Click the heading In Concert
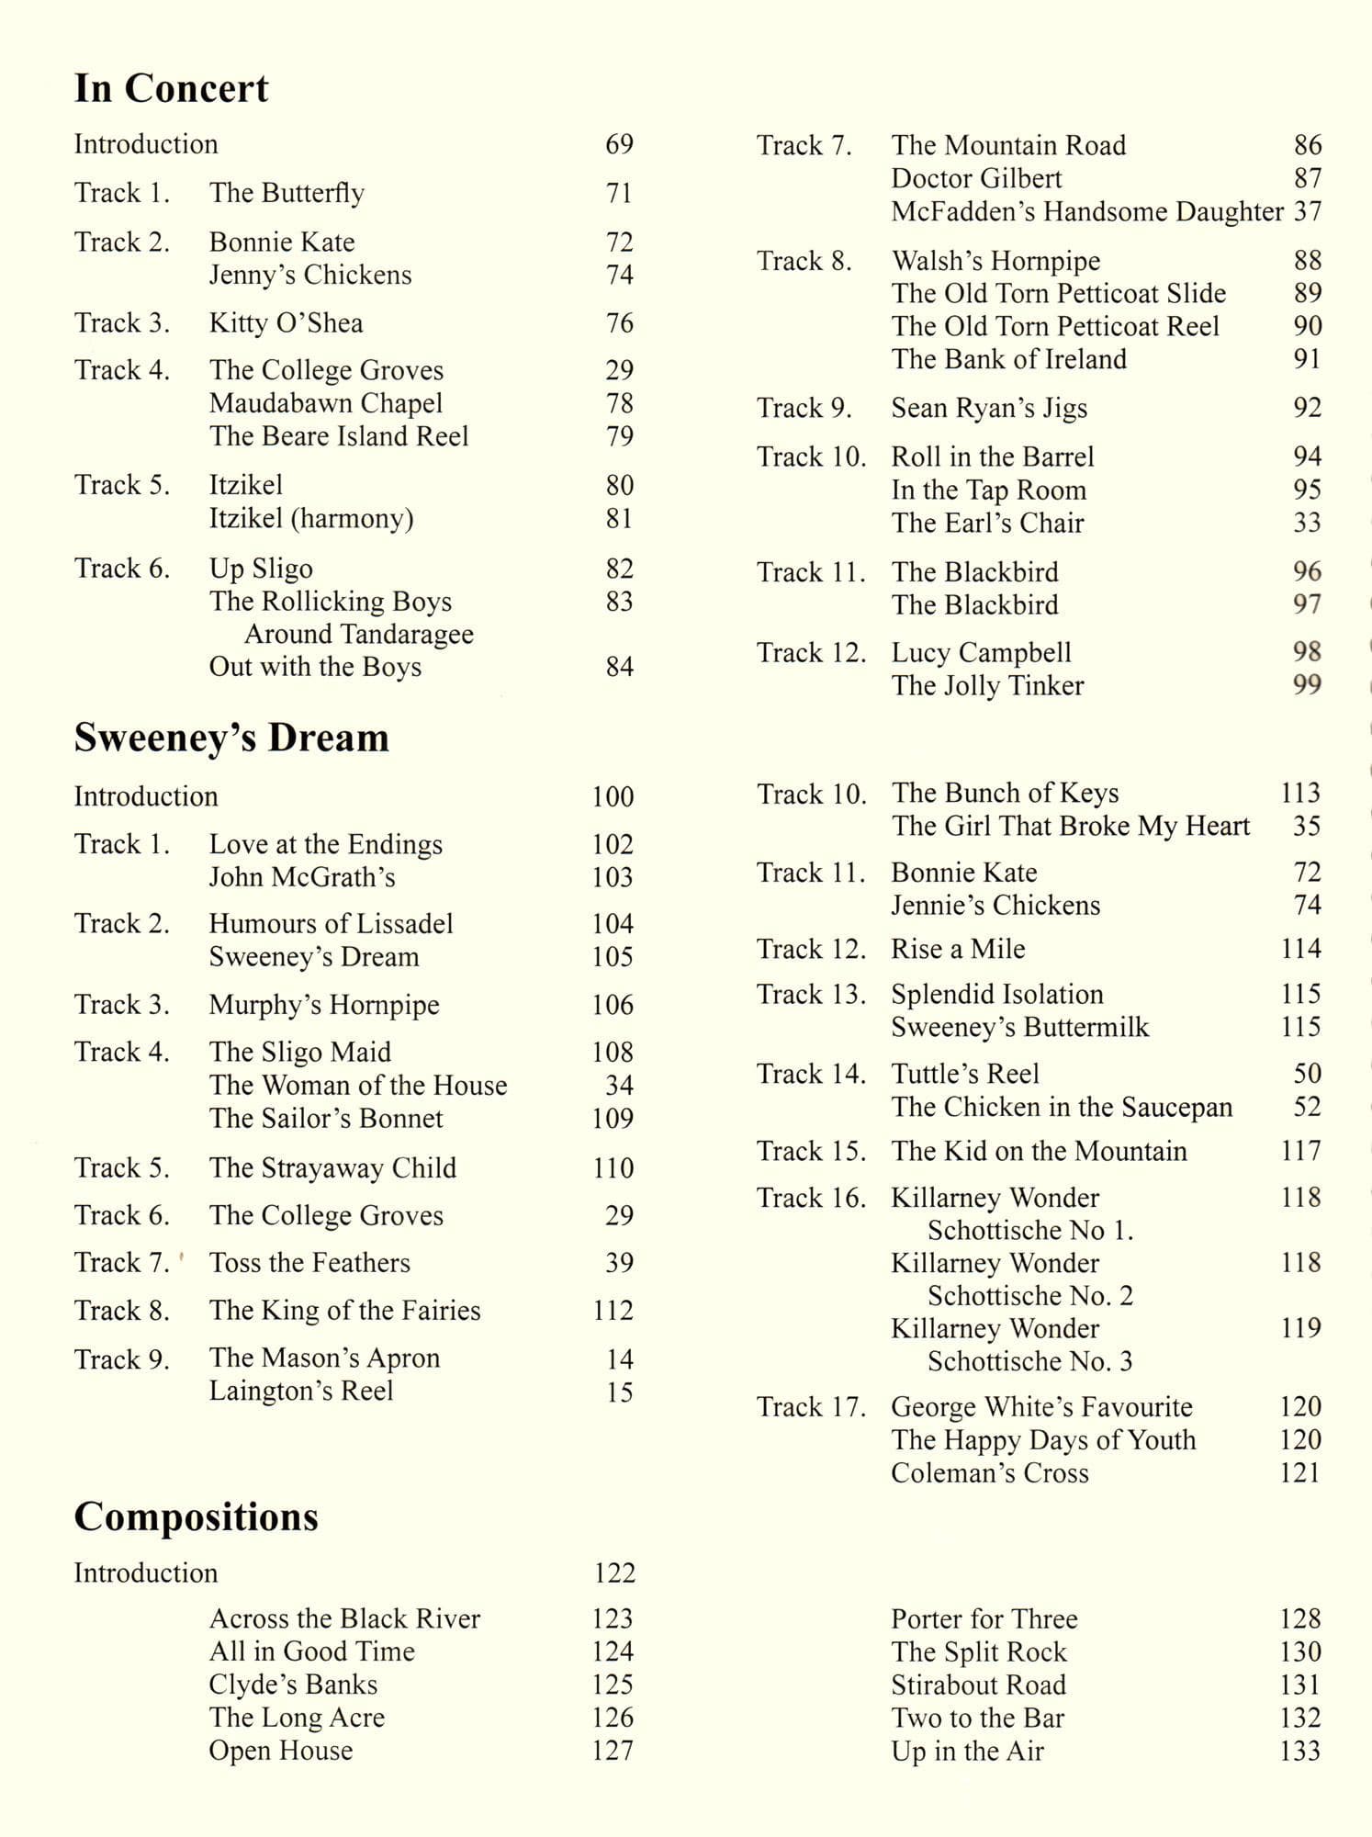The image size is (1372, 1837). [x=171, y=89]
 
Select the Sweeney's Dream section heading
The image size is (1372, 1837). [x=231, y=738]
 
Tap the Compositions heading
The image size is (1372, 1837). [x=196, y=1516]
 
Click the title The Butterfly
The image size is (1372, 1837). [x=287, y=193]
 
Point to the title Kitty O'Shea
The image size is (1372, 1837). [x=286, y=323]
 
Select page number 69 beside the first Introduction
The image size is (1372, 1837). [x=619, y=144]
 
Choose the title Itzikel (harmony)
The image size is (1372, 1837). [x=311, y=518]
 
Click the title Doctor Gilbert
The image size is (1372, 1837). [x=976, y=178]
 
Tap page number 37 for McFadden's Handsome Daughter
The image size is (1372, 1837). [x=1307, y=211]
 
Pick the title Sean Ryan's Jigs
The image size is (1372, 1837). [x=989, y=408]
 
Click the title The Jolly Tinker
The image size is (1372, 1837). [x=987, y=685]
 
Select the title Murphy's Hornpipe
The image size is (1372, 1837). [x=324, y=1005]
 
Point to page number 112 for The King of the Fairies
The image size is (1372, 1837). [x=613, y=1311]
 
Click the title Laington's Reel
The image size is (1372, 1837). [x=301, y=1391]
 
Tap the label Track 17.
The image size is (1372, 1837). [x=811, y=1407]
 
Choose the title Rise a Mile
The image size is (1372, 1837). [x=958, y=949]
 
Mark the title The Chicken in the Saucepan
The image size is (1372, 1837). [x=1062, y=1108]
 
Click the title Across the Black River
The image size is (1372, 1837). [x=344, y=1618]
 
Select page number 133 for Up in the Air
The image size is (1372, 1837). [x=1299, y=1751]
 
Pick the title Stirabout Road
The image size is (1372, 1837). [x=978, y=1685]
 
